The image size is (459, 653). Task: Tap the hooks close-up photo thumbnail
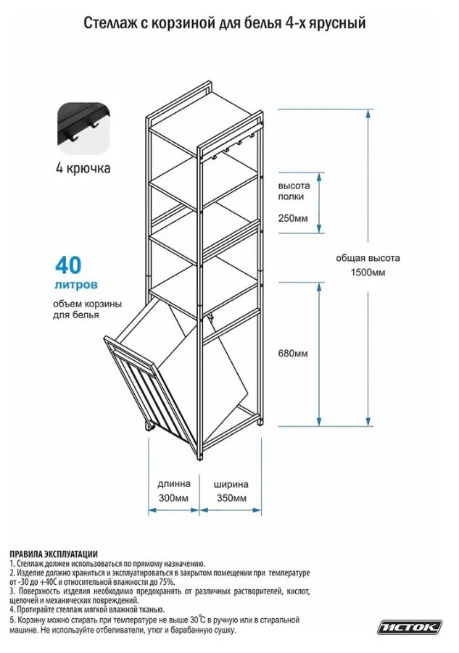click(x=83, y=130)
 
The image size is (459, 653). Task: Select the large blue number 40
click(x=67, y=264)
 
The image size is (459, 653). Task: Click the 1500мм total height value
click(x=368, y=272)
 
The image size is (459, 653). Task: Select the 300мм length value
click(x=173, y=498)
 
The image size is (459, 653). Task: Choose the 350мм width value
click(x=231, y=498)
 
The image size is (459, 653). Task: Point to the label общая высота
click(x=368, y=257)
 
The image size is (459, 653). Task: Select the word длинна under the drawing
click(x=174, y=483)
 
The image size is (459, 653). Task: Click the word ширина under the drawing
click(x=231, y=483)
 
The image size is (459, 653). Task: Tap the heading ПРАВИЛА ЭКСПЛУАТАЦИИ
click(x=54, y=554)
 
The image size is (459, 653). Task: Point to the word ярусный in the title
click(x=339, y=25)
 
